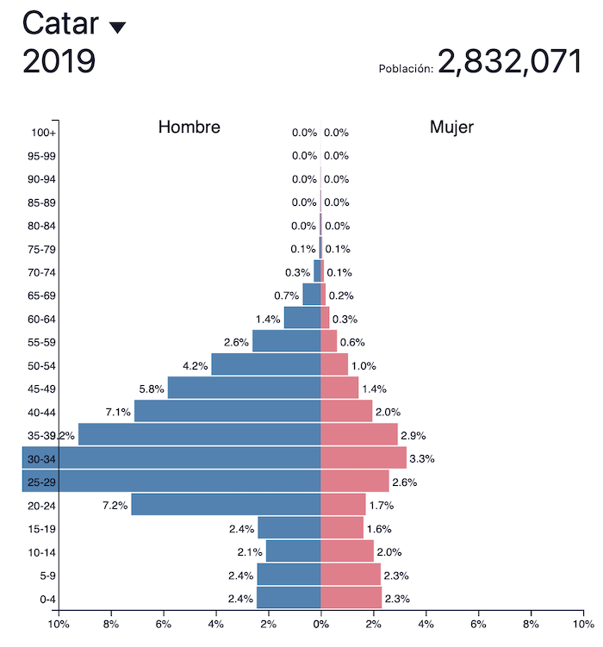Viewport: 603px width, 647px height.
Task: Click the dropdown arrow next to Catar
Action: (x=117, y=28)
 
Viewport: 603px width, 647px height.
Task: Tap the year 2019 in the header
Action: (x=59, y=62)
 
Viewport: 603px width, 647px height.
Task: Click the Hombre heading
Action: (x=190, y=128)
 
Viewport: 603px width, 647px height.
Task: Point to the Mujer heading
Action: (x=451, y=128)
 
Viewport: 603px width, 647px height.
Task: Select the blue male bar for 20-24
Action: (x=226, y=504)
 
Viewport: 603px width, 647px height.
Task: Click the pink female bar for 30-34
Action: (x=363, y=457)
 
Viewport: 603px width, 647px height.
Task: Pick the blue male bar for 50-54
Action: (x=265, y=364)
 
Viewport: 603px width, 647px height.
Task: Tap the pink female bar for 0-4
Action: (x=351, y=598)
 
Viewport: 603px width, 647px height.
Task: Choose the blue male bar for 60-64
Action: (x=301, y=318)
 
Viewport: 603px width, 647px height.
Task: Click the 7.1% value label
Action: (x=118, y=412)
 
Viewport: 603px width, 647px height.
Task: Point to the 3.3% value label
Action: (x=422, y=459)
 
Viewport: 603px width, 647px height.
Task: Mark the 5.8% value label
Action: (x=152, y=389)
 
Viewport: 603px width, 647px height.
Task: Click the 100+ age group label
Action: (x=44, y=133)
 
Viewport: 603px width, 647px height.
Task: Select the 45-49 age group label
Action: (x=41, y=389)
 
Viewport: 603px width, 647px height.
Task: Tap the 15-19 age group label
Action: (x=41, y=528)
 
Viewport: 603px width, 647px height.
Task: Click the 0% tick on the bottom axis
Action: (x=320, y=625)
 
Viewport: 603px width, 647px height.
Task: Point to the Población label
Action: (x=406, y=68)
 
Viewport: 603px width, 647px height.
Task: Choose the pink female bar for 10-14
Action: (x=347, y=551)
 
